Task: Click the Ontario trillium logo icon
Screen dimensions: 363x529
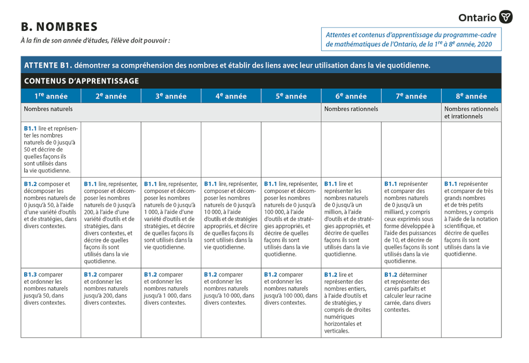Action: (x=506, y=17)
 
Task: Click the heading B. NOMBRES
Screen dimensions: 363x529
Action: (x=59, y=27)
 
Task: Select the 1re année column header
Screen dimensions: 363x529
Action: (x=51, y=96)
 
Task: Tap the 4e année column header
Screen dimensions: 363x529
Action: (x=231, y=96)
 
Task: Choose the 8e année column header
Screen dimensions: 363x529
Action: (x=471, y=96)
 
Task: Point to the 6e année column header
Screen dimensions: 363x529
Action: (x=351, y=96)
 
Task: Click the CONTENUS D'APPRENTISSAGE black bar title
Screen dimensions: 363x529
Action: (x=82, y=81)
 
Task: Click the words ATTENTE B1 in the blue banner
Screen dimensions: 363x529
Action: (x=48, y=65)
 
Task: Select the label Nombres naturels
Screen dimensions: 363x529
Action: (x=48, y=109)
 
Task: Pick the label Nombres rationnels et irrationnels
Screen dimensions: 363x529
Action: (x=471, y=112)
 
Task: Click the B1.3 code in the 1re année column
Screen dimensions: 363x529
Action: (x=30, y=274)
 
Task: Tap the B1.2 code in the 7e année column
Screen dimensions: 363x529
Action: (x=391, y=274)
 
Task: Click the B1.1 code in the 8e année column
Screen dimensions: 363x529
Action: (x=451, y=184)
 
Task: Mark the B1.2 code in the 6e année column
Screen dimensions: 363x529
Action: (x=331, y=274)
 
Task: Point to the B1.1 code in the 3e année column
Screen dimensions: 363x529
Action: (x=150, y=184)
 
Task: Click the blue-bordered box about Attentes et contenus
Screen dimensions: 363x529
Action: (x=411, y=39)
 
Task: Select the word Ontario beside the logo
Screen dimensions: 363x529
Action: (x=477, y=18)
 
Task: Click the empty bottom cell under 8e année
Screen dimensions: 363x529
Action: (x=471, y=303)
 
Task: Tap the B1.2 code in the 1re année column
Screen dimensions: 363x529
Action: (x=30, y=184)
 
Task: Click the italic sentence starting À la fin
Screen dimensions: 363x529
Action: (x=95, y=41)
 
